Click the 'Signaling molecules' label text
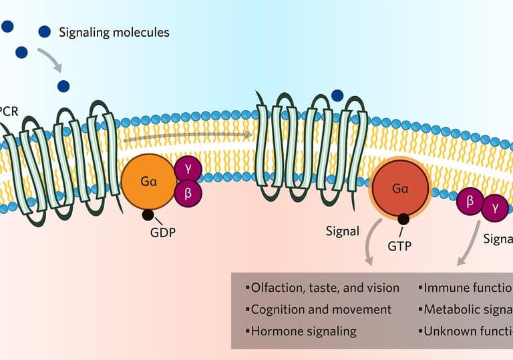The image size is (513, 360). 114,32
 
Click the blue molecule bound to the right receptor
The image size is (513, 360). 337,95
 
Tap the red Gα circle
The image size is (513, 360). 401,190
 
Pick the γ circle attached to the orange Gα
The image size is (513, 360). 188,170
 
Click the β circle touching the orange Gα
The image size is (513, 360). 188,194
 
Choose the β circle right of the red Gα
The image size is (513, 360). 471,203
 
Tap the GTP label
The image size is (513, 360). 399,245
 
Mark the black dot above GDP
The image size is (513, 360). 148,214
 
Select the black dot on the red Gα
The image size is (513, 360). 403,218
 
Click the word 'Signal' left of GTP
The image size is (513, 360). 342,232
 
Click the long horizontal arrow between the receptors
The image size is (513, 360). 187,136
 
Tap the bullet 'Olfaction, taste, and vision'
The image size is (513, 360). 325,288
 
